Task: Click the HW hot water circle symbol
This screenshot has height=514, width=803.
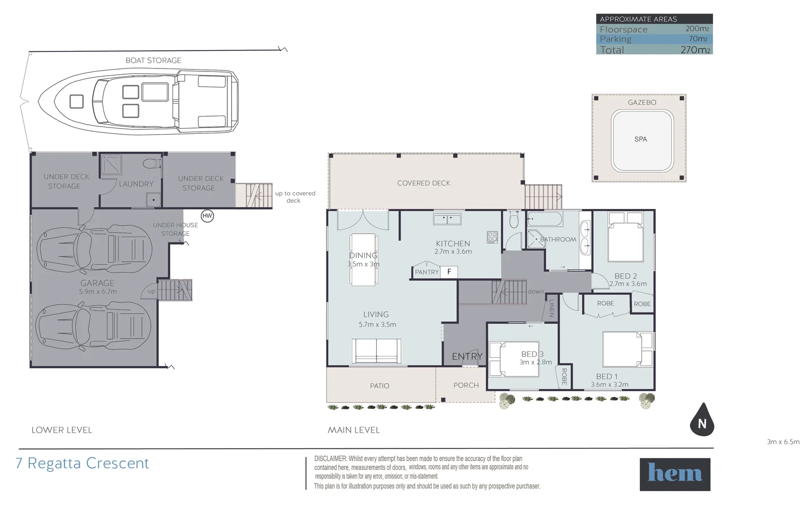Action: (207, 216)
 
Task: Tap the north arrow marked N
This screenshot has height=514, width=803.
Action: (702, 421)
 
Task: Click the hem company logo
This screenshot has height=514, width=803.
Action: (675, 474)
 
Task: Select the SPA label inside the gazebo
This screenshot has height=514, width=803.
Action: (640, 139)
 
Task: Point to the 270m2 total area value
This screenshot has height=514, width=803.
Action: (695, 49)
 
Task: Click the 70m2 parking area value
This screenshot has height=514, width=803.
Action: (698, 39)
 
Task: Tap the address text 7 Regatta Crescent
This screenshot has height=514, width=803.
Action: (82, 463)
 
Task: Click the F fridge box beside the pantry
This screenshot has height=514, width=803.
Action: (449, 272)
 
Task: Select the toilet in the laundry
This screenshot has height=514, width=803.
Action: (152, 163)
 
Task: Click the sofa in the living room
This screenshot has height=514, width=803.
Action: (376, 351)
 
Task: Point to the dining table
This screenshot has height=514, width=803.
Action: (363, 260)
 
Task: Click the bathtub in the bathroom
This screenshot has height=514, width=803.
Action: (545, 219)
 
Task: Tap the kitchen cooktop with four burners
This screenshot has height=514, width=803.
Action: (492, 237)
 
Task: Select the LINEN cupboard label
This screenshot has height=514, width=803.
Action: (551, 308)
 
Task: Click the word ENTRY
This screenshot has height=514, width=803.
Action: (467, 356)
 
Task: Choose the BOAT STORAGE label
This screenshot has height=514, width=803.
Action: (153, 60)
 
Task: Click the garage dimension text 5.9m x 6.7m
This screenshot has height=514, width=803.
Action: (98, 292)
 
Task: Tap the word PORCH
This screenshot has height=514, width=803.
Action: (466, 385)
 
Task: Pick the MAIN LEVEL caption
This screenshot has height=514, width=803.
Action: (353, 430)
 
